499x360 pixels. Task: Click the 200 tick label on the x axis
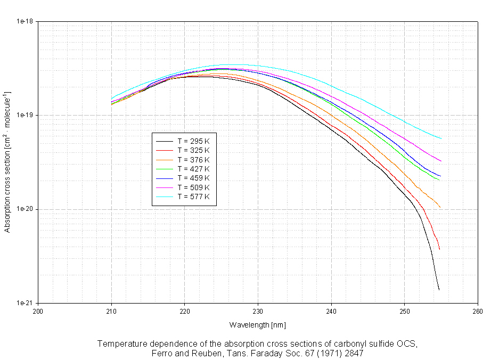[x=38, y=311]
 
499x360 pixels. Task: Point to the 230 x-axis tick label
[x=258, y=311]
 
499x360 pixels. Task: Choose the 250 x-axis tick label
[x=404, y=311]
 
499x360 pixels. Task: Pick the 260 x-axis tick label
[x=477, y=311]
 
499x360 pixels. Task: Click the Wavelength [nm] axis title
[x=258, y=324]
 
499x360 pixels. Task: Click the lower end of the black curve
[x=439, y=290]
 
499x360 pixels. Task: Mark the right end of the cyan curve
[x=441, y=139]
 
